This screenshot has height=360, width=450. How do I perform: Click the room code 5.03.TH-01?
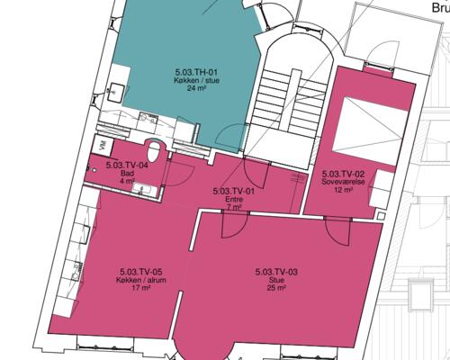pos(196,72)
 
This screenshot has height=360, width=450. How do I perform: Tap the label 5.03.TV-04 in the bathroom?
pos(127,165)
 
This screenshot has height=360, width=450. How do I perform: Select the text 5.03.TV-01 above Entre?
pos(234,191)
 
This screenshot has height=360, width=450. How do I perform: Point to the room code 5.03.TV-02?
pos(343,174)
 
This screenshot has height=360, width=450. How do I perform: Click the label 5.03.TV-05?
pos(141,272)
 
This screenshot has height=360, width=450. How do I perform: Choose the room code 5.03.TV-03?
pos(276,272)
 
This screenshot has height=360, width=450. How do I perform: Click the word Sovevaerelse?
pos(343,182)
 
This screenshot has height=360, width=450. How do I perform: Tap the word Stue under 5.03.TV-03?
pos(276,281)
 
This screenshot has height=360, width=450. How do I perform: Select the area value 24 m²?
pos(196,88)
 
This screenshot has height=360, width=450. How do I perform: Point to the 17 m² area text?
pos(141,288)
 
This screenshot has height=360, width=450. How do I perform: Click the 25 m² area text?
pos(276,288)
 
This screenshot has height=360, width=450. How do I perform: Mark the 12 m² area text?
pos(343,190)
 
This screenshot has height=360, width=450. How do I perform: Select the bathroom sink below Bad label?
pos(145,190)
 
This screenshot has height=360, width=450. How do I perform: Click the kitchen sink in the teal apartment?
pos(116,92)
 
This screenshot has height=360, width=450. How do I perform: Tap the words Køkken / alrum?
pos(141,280)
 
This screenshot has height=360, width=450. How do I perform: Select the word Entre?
pos(234,199)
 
